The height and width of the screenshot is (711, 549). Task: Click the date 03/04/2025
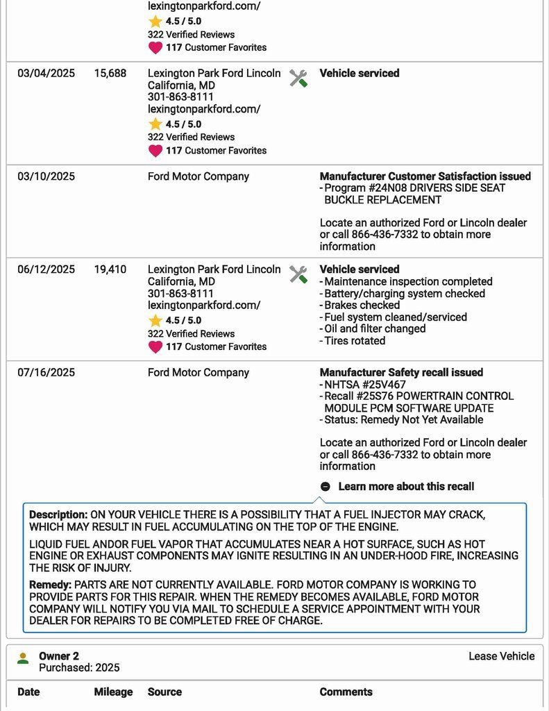46,73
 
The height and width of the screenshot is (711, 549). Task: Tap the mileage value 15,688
110,73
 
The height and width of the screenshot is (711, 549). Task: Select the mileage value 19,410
110,269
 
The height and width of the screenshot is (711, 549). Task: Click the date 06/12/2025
46,269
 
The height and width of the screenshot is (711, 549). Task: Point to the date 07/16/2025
46,373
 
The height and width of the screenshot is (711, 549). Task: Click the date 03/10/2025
46,176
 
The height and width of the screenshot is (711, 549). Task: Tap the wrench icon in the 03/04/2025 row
298,78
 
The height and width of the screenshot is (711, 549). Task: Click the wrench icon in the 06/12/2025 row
298,274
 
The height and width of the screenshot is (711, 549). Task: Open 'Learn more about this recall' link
406,487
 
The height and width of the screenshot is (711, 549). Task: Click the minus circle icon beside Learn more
326,487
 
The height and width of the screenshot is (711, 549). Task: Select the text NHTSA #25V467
365,385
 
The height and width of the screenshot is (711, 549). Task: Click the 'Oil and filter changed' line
375,328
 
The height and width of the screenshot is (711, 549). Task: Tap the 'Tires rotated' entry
355,340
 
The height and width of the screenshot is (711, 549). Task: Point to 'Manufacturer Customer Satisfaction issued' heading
425,176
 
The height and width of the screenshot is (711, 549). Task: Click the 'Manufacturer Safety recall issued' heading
401,373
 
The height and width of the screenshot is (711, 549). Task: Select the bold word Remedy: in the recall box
50,585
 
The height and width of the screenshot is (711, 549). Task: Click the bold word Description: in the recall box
58,515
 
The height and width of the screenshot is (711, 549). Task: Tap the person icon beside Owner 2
23,658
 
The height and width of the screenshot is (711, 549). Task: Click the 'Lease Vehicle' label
501,656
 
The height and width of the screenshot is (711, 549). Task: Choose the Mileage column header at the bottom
113,692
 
